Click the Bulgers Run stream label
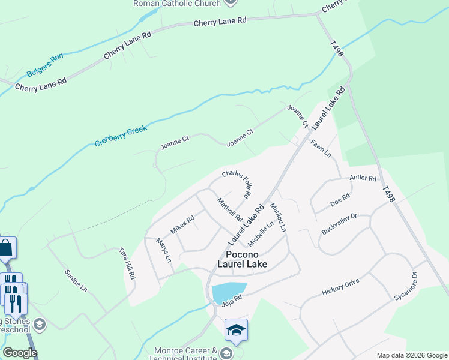46,67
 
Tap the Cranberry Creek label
121,134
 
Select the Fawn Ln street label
321,148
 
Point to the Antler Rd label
363,178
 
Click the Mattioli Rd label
229,209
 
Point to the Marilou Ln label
278,217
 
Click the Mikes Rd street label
182,224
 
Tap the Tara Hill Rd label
127,263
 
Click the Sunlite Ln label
76,280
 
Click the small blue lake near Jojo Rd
229,292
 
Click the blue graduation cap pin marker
236,330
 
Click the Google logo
20,353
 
